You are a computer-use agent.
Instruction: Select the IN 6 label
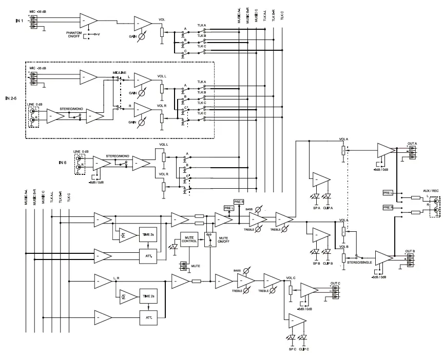[x=62, y=163]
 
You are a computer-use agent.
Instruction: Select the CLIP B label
[x=328, y=264]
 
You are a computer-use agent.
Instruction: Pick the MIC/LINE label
[x=120, y=72]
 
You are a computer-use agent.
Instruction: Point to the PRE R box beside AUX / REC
[x=389, y=207]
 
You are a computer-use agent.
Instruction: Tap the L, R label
[x=117, y=277]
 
